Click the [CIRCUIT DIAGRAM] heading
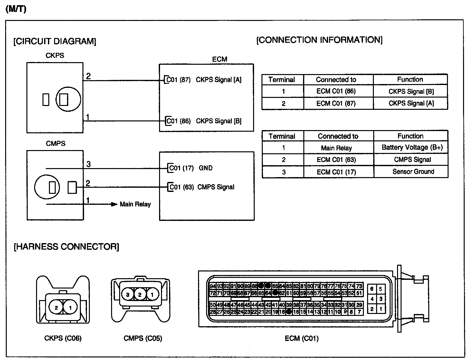55,42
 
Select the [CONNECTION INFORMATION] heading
319,40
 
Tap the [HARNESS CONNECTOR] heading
66,247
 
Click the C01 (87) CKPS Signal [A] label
204,80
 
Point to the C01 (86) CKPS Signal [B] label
204,121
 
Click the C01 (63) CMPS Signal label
202,187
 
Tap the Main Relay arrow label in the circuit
135,204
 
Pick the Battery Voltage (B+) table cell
412,147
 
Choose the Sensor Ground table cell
413,172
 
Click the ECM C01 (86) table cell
336,91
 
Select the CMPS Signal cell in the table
412,160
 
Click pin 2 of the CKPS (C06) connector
56,308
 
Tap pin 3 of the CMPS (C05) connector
128,294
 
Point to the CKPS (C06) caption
63,338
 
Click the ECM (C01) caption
302,338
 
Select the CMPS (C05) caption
143,338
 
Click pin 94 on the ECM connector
213,286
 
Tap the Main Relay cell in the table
336,148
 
